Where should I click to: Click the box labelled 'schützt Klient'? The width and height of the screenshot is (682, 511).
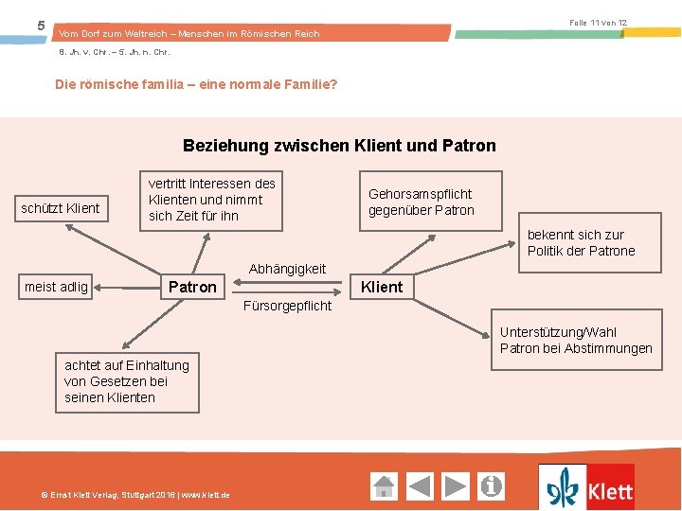click(61, 207)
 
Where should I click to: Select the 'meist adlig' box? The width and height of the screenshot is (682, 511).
click(57, 287)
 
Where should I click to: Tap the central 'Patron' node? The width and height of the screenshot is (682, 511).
click(192, 287)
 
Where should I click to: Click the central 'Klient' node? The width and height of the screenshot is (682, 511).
click(382, 287)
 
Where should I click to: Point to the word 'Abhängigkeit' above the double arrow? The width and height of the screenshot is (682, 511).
click(287, 269)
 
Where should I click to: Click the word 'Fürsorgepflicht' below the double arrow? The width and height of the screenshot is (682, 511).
click(288, 306)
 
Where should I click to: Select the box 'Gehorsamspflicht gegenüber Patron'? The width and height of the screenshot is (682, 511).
click(421, 202)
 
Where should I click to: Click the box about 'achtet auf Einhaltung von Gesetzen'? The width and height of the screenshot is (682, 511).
click(127, 381)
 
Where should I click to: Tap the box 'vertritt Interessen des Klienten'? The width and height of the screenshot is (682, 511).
click(211, 200)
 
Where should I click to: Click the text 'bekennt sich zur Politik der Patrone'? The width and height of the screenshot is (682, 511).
click(581, 242)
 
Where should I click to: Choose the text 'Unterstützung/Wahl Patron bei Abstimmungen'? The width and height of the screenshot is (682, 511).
click(576, 340)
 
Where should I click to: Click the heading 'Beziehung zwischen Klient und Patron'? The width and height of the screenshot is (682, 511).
click(339, 146)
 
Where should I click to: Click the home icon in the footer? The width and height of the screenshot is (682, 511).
click(384, 486)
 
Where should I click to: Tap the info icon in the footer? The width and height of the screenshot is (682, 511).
click(492, 486)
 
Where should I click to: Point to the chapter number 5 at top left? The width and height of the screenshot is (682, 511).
click(41, 26)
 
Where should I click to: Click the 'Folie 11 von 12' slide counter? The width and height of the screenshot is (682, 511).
click(598, 22)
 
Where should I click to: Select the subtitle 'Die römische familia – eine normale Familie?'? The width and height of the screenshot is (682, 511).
click(196, 84)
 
